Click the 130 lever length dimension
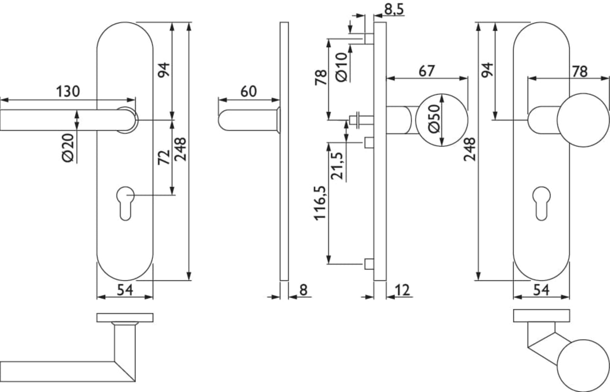68,91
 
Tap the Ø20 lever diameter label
68,148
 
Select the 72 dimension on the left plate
164,157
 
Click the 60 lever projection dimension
248,92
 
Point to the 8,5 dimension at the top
394,9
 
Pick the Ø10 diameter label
342,67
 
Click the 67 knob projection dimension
427,71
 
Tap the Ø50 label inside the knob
434,119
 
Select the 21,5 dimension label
337,166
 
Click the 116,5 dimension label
320,203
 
